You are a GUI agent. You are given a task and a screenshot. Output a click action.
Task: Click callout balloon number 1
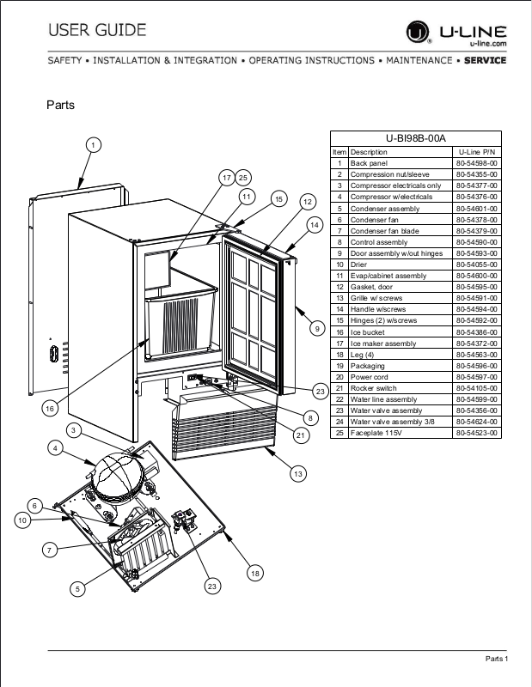point(93,145)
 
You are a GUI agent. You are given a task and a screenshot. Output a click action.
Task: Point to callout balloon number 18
point(254,573)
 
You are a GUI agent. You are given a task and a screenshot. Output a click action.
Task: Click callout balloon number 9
point(316,327)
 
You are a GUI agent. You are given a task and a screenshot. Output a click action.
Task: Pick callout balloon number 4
point(55,447)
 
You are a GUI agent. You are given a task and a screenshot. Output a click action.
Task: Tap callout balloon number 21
point(300,435)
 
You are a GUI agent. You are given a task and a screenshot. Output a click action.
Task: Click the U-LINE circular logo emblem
point(418,34)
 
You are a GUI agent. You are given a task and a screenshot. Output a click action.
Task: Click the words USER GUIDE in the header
point(97,31)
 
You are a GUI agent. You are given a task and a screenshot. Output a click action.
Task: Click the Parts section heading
point(60,106)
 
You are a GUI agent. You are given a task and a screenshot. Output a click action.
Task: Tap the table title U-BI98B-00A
point(416,138)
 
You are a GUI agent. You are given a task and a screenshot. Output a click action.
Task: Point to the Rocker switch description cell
point(370,387)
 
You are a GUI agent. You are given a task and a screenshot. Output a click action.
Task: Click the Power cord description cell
point(367,376)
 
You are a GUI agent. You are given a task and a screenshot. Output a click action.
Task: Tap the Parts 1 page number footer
point(497,659)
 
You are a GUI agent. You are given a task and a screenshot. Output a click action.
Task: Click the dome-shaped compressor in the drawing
point(120,477)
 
